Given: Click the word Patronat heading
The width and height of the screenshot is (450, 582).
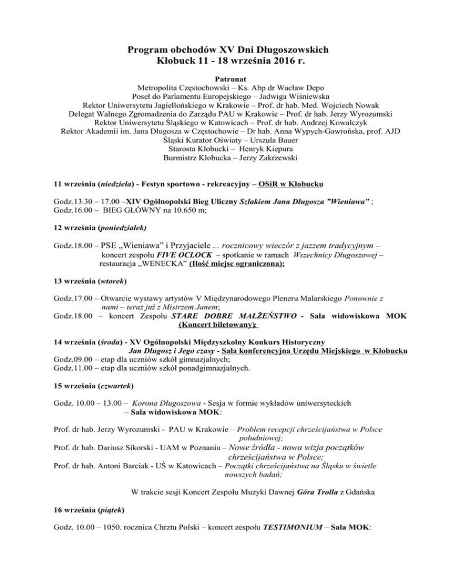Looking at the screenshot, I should [224, 77].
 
